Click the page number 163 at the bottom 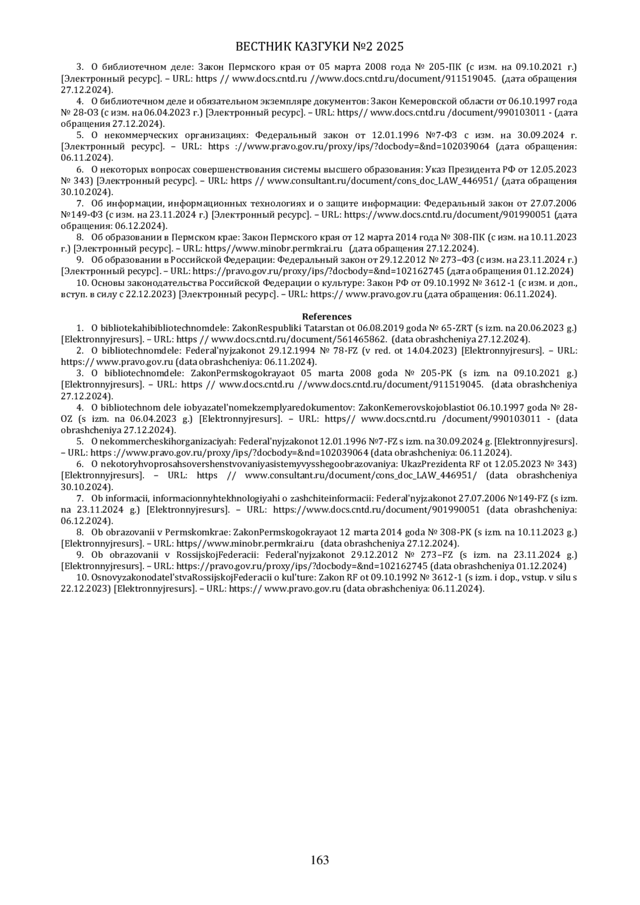click(x=320, y=860)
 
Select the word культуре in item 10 click(x=332, y=283)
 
